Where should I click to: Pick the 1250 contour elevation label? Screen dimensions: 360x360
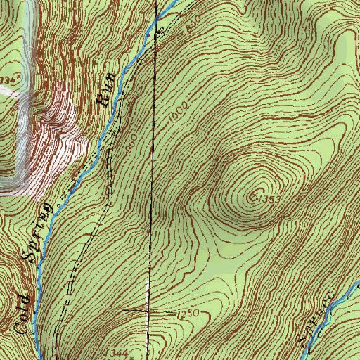click(187, 311)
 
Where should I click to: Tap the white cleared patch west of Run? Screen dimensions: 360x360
click(60, 134)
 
